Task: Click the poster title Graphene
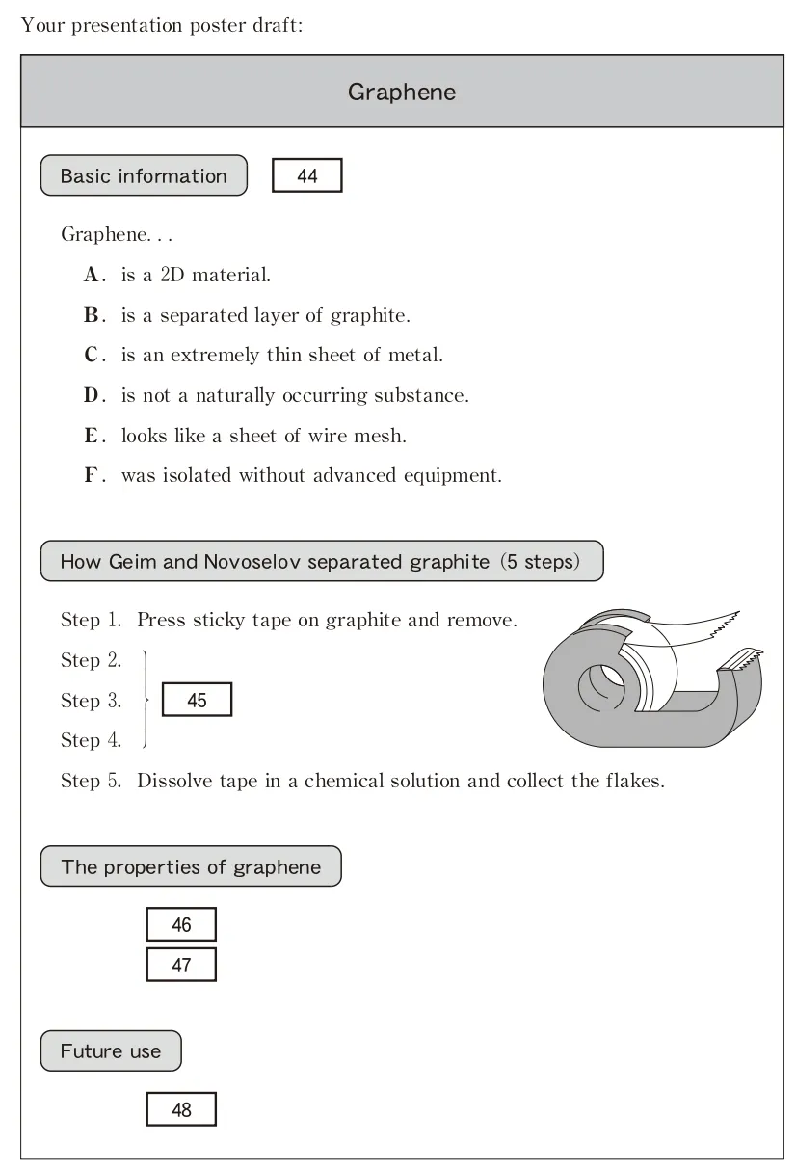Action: click(402, 93)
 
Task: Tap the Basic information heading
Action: click(144, 176)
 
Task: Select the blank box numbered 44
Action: click(307, 176)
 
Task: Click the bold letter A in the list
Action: click(93, 276)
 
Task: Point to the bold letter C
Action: click(93, 356)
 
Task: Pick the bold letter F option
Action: click(93, 476)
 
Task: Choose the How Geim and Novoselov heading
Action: click(322, 562)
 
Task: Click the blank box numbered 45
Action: click(197, 701)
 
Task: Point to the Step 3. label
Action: click(92, 701)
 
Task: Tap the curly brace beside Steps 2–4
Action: click(146, 701)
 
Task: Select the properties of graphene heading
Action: click(191, 867)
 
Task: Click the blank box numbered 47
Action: click(181, 965)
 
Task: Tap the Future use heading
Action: click(111, 1051)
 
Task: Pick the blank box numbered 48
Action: click(181, 1110)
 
